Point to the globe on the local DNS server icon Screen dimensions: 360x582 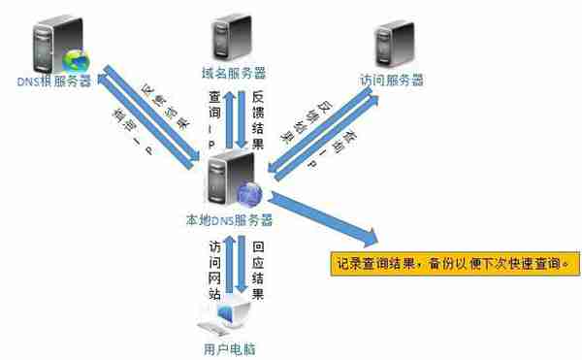tap(248, 194)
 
